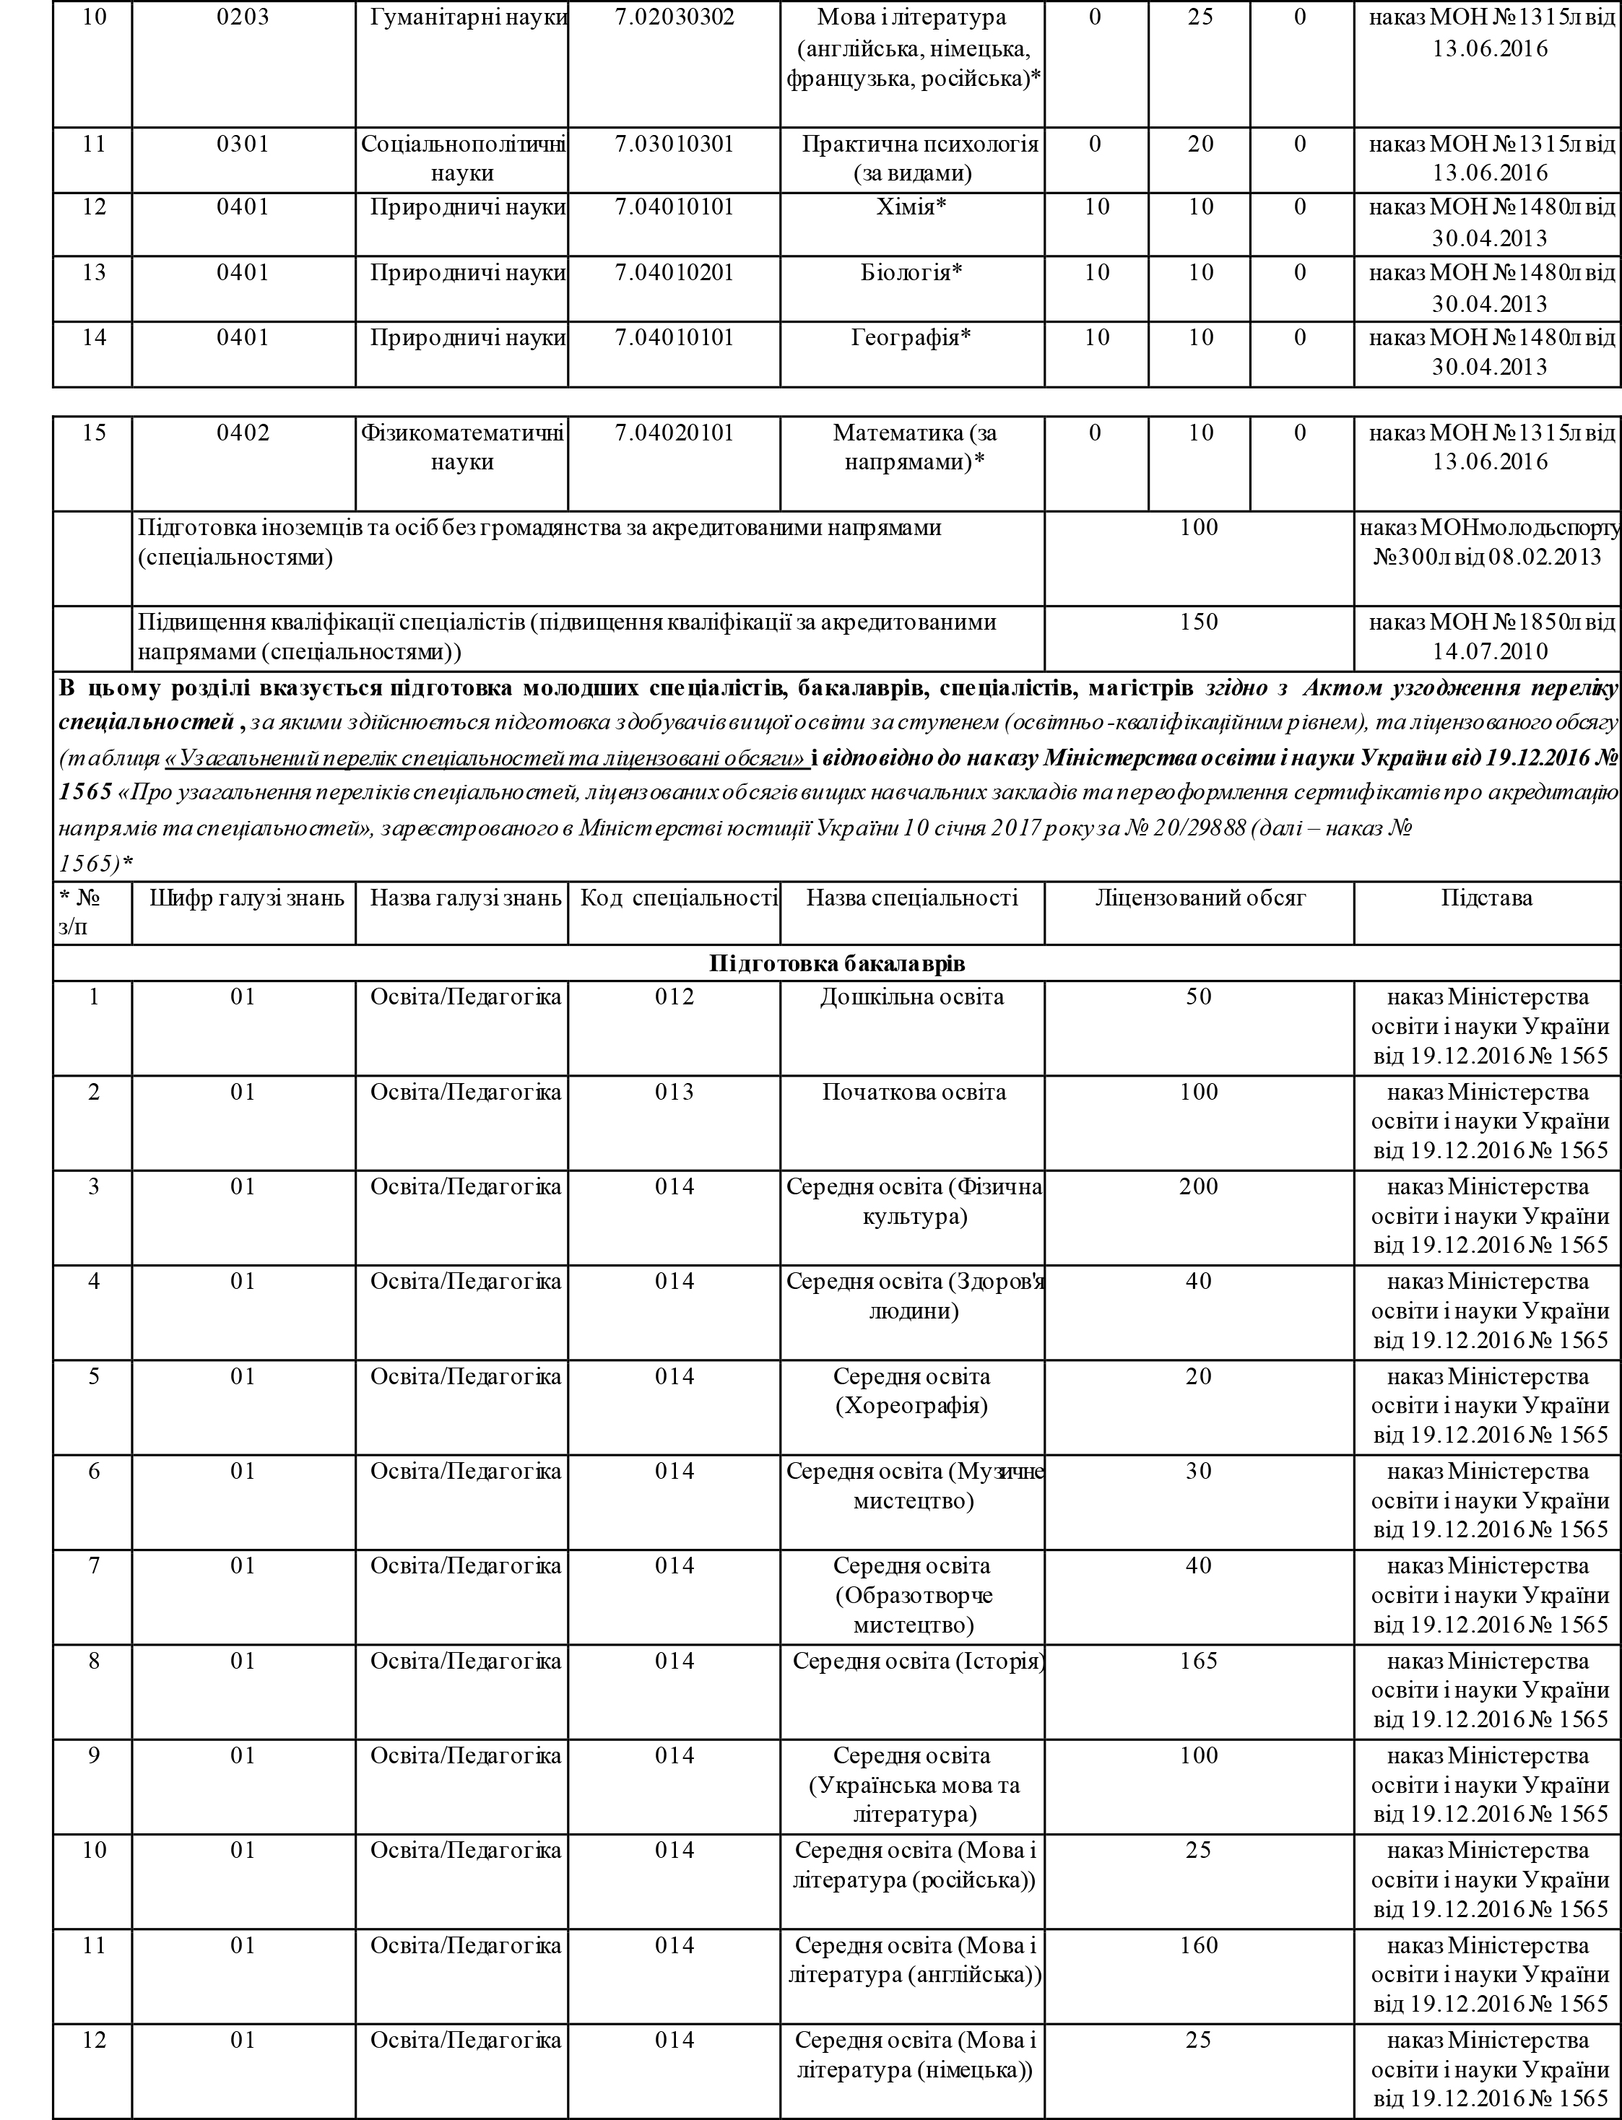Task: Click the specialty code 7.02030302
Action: [x=674, y=17]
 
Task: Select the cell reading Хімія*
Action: [x=911, y=207]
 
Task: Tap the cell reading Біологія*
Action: [x=911, y=272]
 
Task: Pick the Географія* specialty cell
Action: [x=911, y=338]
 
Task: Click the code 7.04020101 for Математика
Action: [x=674, y=433]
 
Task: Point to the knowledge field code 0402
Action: [x=243, y=433]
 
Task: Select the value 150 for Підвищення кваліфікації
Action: [x=1198, y=622]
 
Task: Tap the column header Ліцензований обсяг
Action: [x=1199, y=898]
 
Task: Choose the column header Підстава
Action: [x=1487, y=898]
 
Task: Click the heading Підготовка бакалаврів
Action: [x=836, y=963]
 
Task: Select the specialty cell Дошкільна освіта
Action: [x=911, y=997]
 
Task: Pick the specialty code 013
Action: [x=674, y=1092]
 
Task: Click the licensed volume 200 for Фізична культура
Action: [x=1198, y=1186]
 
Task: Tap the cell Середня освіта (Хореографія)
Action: [x=911, y=1391]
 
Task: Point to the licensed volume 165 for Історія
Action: [x=1198, y=1661]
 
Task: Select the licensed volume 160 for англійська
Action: [x=1198, y=1945]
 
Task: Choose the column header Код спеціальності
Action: [x=678, y=898]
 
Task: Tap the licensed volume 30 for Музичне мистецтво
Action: [x=1198, y=1472]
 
